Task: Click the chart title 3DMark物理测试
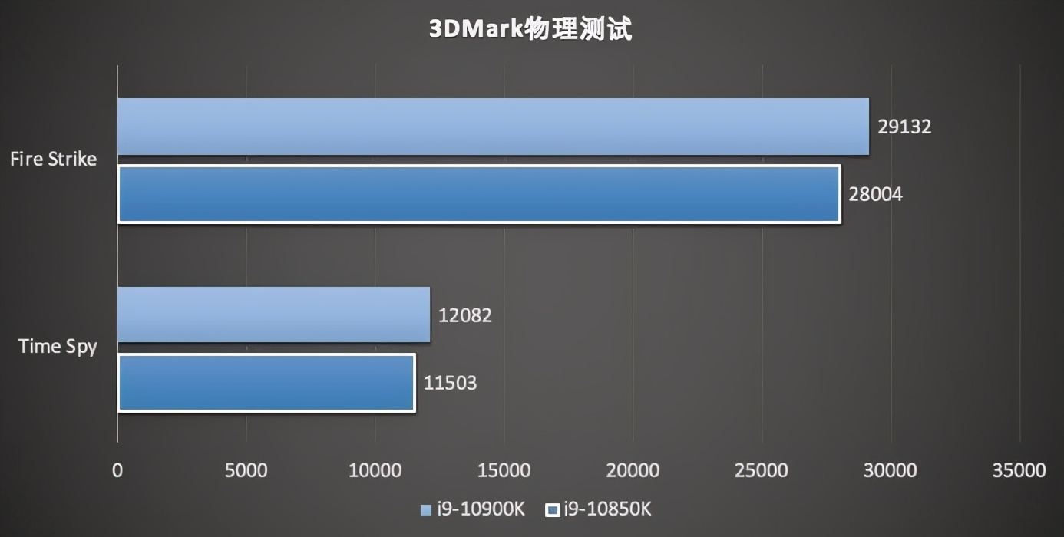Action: click(530, 29)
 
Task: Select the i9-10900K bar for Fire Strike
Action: click(493, 127)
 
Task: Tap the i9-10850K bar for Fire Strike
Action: click(479, 194)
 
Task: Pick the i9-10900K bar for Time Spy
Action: click(273, 315)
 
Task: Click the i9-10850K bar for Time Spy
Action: click(266, 383)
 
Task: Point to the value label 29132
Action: click(904, 127)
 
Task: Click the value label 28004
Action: click(875, 195)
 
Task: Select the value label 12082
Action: click(464, 315)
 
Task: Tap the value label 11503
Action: click(450, 383)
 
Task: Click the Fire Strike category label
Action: click(53, 160)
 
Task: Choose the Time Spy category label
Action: click(58, 347)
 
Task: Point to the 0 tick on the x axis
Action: click(117, 470)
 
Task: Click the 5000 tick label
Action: click(246, 470)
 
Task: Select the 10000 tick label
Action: click(375, 470)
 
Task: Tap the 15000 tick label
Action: click(504, 470)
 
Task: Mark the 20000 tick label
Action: click(633, 470)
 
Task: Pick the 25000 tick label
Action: click(762, 470)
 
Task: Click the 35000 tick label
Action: click(1019, 470)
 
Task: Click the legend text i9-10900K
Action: click(481, 509)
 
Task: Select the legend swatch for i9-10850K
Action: click(551, 509)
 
